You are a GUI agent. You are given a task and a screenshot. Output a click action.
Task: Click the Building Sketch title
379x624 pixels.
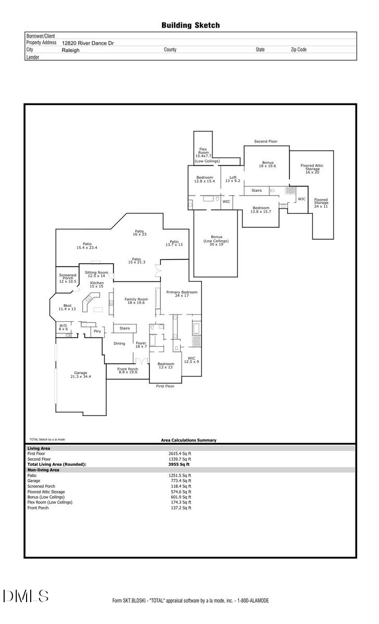(190, 25)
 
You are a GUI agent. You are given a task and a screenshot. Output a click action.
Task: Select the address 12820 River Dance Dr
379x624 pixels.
(87, 44)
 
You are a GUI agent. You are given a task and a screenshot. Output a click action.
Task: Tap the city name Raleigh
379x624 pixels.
(71, 50)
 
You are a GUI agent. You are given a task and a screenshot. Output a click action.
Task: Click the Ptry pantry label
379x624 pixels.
(97, 331)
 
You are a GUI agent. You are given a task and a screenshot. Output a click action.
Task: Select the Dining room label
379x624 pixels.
(119, 343)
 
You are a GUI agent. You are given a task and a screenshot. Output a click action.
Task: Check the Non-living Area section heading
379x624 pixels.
(43, 470)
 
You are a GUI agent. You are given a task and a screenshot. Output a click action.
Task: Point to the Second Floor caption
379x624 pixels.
(266, 141)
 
